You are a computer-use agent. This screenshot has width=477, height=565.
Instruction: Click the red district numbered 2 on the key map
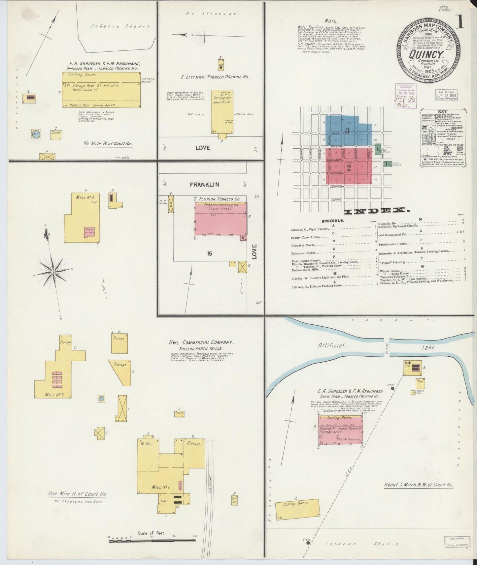tap(349, 167)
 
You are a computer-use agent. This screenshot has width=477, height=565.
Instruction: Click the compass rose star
tap(52, 272)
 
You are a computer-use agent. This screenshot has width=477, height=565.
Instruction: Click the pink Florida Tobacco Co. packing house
tap(221, 220)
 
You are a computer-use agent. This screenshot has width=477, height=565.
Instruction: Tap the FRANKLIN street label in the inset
tap(204, 185)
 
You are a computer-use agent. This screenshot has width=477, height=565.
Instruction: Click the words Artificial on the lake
tap(331, 345)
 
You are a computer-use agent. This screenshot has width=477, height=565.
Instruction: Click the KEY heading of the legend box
tap(442, 111)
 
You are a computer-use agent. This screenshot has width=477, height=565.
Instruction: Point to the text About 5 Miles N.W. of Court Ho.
tap(418, 485)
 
